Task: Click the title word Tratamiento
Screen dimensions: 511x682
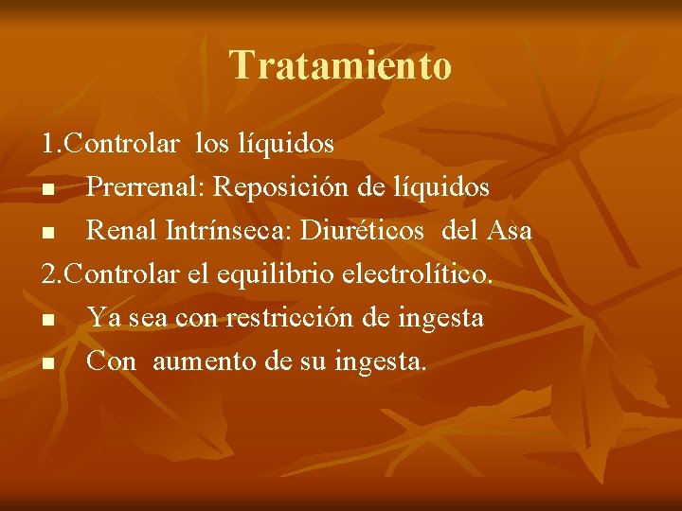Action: click(341, 65)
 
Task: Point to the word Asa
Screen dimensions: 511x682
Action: click(509, 231)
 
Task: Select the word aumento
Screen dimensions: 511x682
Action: click(200, 361)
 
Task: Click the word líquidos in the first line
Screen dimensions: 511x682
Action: click(290, 144)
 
